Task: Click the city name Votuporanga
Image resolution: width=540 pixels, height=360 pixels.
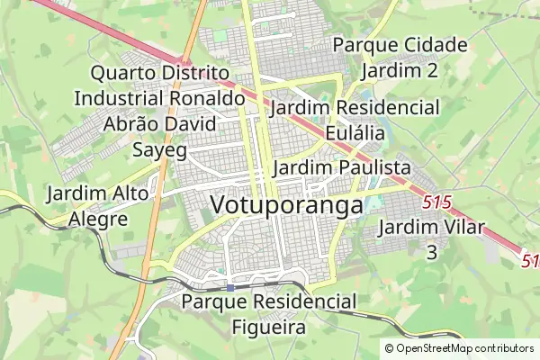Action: pyautogui.click(x=286, y=204)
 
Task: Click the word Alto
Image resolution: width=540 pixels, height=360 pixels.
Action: pyautogui.click(x=136, y=193)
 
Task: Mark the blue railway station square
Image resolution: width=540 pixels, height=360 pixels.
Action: pyautogui.click(x=231, y=288)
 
